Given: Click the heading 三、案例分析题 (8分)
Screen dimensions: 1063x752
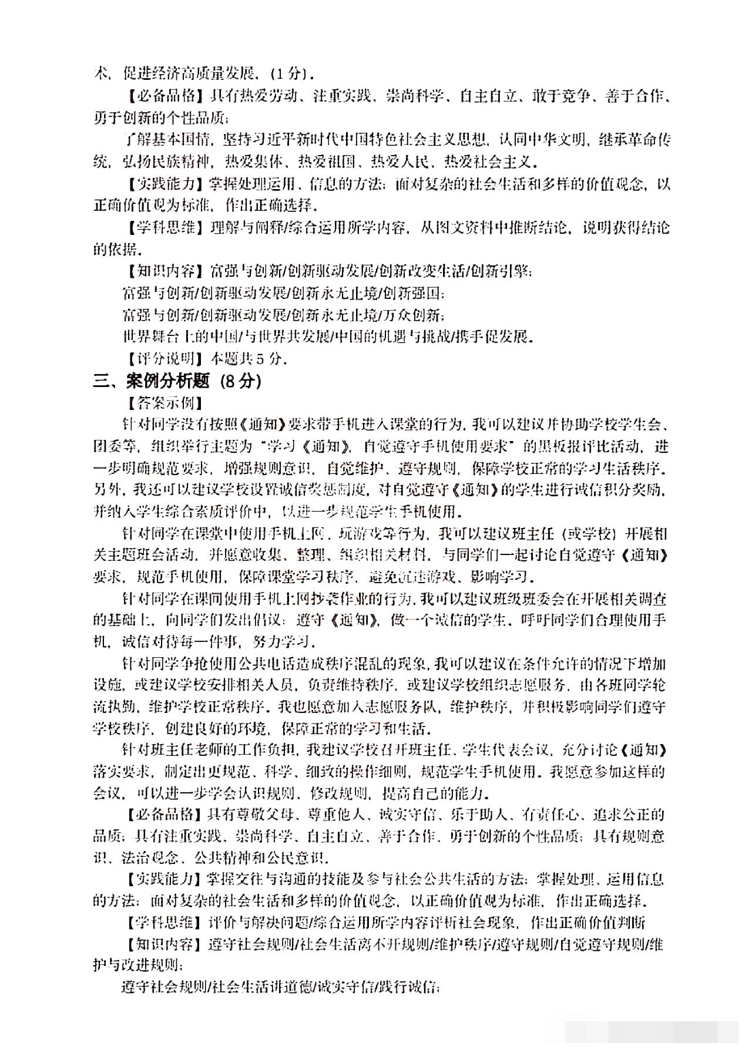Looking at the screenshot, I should [x=177, y=381].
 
